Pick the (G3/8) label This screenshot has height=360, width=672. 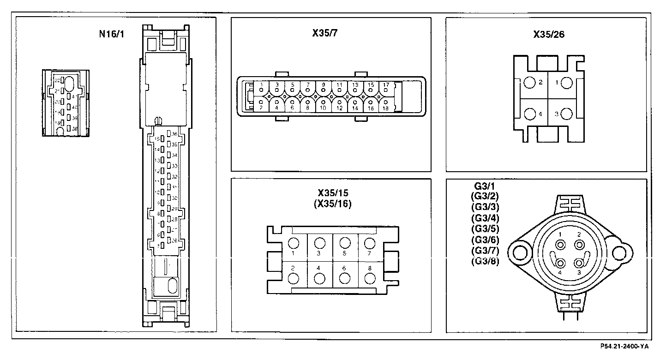tap(485, 261)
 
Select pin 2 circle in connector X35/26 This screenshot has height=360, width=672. tap(529, 83)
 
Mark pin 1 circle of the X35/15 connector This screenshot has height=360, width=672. tap(294, 243)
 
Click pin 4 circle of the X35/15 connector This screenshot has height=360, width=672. tap(319, 279)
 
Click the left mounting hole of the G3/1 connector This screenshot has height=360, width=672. tap(521, 252)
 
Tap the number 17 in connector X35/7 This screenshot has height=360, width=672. tap(386, 85)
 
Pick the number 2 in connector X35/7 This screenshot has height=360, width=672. tap(261, 108)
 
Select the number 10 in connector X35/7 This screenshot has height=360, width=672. tap(323, 108)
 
